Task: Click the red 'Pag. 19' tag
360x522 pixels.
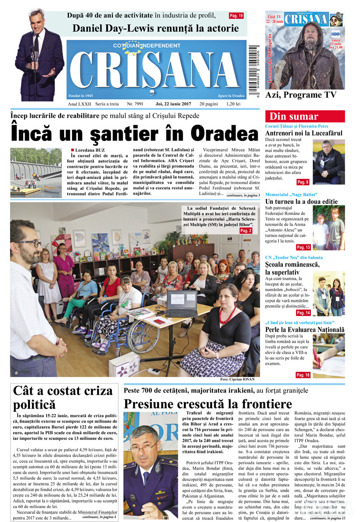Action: click(236, 16)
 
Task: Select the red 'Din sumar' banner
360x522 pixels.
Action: click(305, 116)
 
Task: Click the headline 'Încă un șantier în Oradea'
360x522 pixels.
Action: click(134, 134)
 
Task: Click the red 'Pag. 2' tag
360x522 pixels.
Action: click(246, 230)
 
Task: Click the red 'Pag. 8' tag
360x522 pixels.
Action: click(303, 182)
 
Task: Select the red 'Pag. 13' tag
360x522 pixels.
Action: click(303, 247)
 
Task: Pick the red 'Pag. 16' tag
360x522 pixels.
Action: click(303, 375)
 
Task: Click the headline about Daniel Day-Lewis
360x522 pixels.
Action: click(156, 29)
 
